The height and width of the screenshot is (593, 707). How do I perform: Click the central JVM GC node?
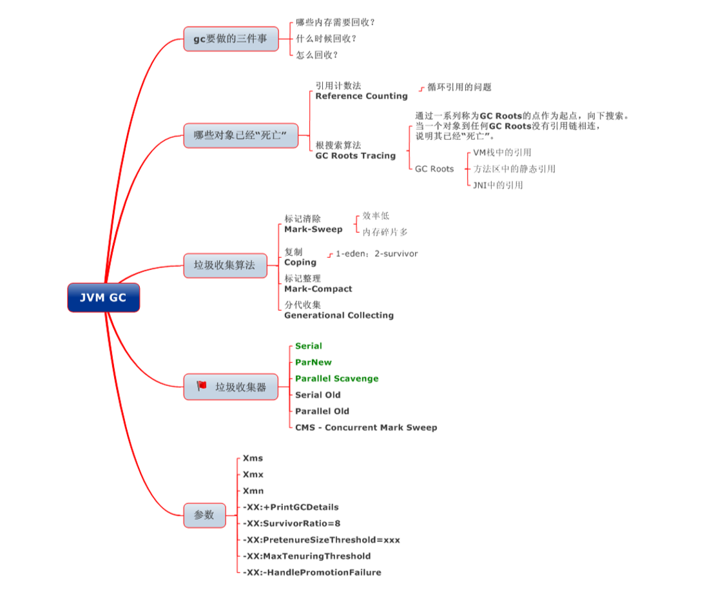point(103,298)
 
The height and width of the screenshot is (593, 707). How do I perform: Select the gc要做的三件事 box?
point(231,39)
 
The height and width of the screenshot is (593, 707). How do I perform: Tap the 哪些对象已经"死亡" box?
point(240,135)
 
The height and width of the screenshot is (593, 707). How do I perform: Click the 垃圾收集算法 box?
point(224,265)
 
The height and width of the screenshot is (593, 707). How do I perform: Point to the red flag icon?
point(202,386)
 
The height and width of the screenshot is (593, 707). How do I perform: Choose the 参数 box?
point(204,515)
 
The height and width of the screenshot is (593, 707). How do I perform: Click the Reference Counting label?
point(361,96)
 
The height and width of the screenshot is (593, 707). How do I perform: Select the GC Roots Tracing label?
point(355,155)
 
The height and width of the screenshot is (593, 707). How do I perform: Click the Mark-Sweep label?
point(313,229)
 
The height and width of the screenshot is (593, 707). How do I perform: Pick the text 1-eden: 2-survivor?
point(376,254)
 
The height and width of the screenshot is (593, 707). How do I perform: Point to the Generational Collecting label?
point(339,315)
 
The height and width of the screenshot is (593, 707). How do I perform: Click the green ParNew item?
point(313,362)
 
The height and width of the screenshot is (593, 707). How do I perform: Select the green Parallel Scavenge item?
point(336,378)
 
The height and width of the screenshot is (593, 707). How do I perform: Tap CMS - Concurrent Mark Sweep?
point(366,427)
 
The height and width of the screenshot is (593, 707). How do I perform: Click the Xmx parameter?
point(253,474)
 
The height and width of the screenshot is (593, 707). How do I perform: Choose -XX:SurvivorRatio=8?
point(291,523)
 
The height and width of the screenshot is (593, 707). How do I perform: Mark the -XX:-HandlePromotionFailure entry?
point(312,572)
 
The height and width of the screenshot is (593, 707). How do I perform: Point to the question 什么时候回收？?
point(326,39)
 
